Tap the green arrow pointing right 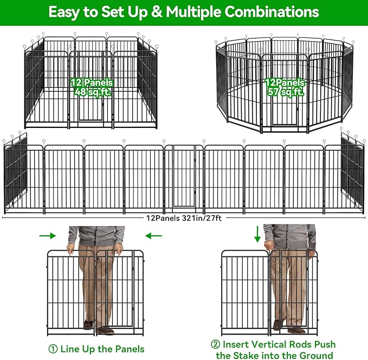48,235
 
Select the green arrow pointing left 154,235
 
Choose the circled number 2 216,345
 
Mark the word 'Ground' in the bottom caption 314,356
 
